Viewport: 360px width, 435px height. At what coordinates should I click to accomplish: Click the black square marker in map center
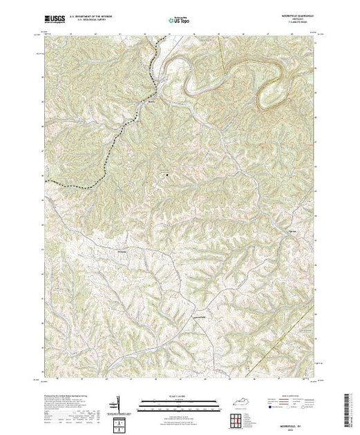pos(166,174)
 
